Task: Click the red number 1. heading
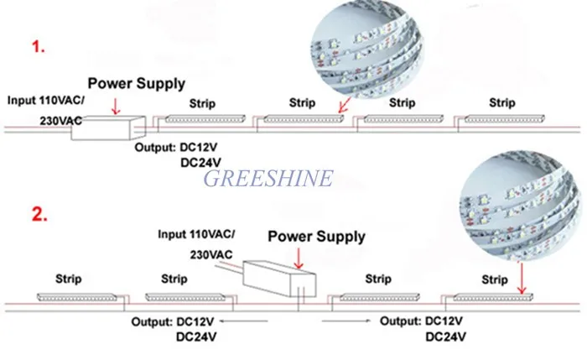(39, 48)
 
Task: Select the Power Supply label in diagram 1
(136, 84)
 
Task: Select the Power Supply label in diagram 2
(317, 236)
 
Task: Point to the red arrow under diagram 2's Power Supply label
(298, 256)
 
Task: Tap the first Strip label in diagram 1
(201, 103)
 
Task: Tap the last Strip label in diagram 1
(501, 103)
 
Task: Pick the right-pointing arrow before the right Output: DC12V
(343, 320)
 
